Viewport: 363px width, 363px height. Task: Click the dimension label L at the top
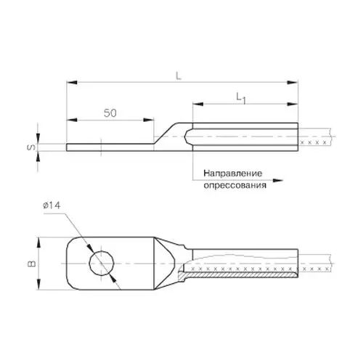(x=179, y=76)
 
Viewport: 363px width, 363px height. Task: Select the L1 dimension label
(x=241, y=99)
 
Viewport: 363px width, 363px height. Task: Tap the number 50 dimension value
(x=110, y=113)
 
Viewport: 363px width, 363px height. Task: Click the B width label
(x=32, y=264)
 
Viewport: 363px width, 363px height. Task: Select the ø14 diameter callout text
(x=52, y=205)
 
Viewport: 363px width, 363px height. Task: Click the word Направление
(x=233, y=174)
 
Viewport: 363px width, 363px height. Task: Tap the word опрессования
(x=235, y=186)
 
